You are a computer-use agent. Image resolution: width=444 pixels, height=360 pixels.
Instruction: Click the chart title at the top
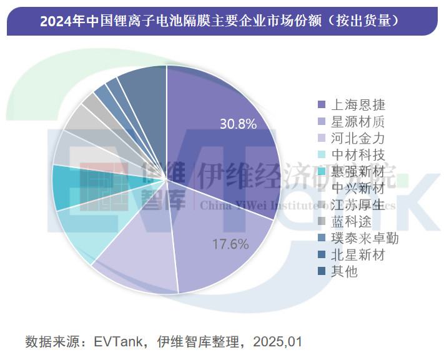pyautogui.click(x=221, y=21)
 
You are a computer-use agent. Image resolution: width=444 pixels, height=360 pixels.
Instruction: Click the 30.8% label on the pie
pyautogui.click(x=238, y=124)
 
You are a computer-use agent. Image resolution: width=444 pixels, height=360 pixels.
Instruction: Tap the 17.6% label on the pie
pyautogui.click(x=230, y=244)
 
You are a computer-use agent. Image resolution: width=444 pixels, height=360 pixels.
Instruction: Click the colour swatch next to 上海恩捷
pyautogui.click(x=322, y=105)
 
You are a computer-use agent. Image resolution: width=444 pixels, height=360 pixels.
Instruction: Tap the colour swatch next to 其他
pyautogui.click(x=322, y=271)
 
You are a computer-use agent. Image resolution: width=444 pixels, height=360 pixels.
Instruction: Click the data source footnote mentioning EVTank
pyautogui.click(x=164, y=342)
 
